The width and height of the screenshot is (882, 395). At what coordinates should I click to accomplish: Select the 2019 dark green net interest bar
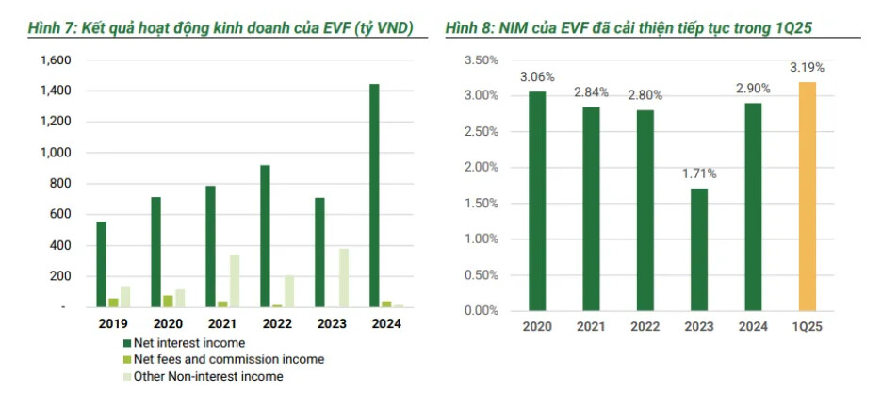(x=101, y=264)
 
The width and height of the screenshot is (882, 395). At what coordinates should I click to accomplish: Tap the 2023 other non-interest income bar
(x=343, y=278)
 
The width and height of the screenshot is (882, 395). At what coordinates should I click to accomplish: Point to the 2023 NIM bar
(x=698, y=249)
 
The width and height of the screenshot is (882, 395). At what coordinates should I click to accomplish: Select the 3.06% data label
(x=537, y=77)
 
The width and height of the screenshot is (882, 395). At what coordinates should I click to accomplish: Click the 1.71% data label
(x=699, y=174)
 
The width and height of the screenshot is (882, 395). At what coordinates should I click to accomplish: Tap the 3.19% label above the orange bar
(x=808, y=68)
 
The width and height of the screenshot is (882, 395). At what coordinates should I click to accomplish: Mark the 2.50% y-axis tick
(x=482, y=131)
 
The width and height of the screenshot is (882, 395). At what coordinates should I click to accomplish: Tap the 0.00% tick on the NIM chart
(x=482, y=310)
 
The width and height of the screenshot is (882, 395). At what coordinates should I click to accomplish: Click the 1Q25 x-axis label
(x=808, y=326)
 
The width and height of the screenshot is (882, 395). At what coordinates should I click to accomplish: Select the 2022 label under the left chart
(x=276, y=324)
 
